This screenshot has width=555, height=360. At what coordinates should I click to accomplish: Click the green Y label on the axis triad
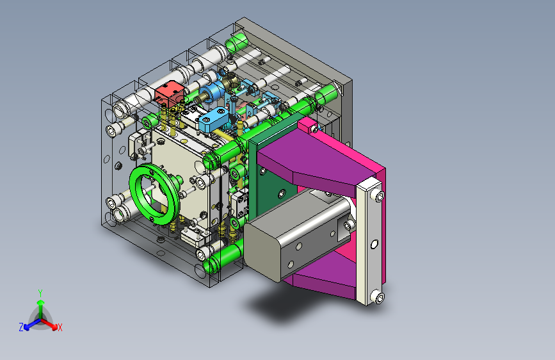click(40, 293)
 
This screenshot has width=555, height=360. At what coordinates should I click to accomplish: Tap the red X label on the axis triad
click(60, 327)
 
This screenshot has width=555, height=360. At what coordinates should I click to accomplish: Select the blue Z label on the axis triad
click(21, 327)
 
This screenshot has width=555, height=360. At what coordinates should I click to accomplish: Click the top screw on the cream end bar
click(378, 195)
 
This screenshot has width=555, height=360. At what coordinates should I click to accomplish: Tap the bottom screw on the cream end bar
click(378, 297)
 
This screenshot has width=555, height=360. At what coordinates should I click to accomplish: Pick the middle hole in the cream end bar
click(374, 245)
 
